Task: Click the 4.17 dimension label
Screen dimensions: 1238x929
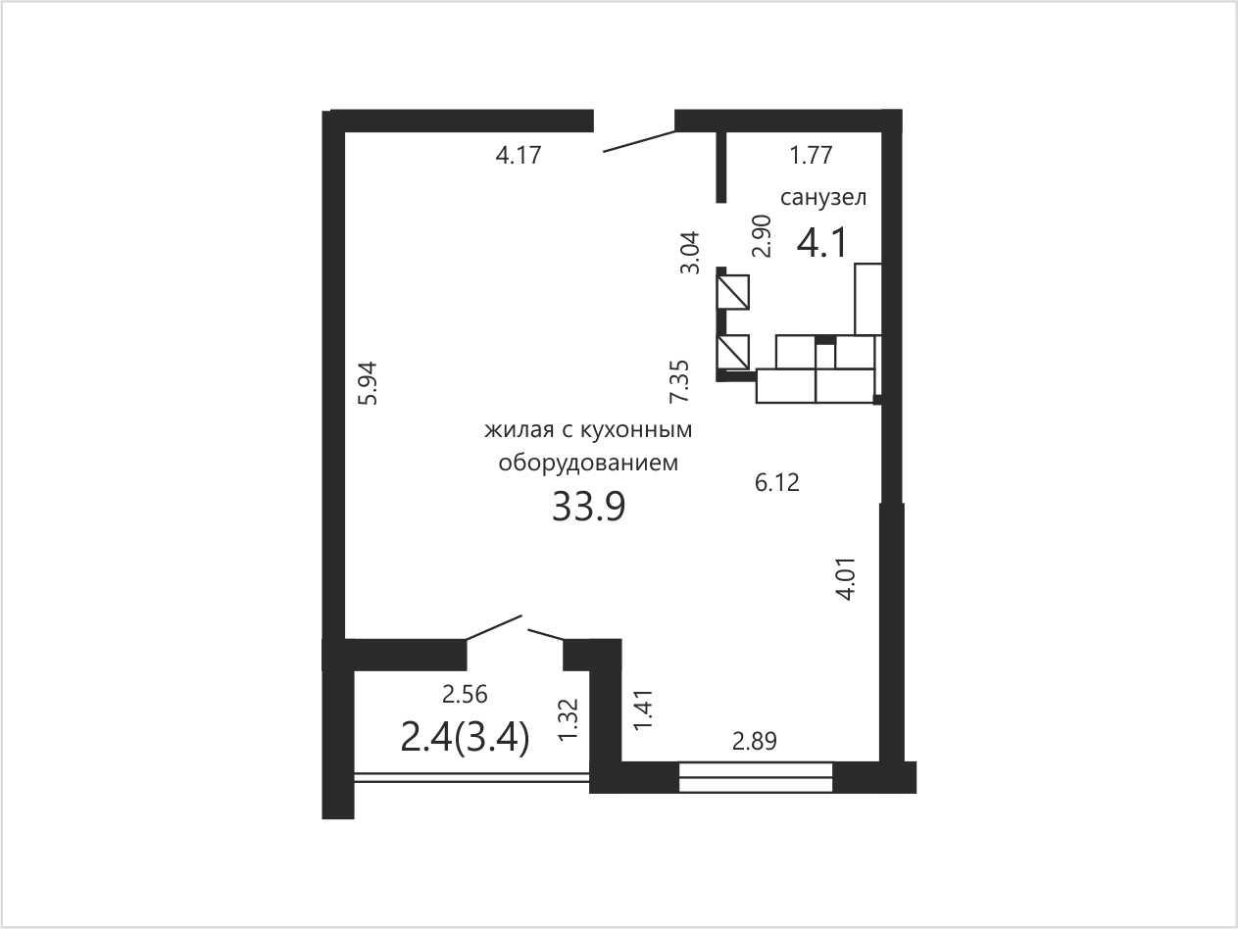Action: click(519, 155)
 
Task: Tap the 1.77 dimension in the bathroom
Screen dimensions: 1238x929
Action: click(811, 155)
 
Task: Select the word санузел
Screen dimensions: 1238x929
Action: click(823, 198)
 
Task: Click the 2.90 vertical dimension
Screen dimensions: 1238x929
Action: click(762, 235)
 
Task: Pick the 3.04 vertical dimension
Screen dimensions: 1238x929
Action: click(690, 252)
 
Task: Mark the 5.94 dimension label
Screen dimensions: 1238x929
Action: click(368, 383)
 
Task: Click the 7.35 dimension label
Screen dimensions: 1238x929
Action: click(679, 381)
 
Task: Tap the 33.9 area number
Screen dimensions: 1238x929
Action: click(589, 507)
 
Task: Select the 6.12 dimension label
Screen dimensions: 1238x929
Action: click(777, 482)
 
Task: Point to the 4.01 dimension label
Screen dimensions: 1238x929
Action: click(847, 579)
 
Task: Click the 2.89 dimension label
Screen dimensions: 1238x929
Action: click(755, 741)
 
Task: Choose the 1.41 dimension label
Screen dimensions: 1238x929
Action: click(643, 709)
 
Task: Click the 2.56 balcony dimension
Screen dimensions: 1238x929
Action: click(465, 695)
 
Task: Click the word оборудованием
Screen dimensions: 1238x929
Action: click(588, 464)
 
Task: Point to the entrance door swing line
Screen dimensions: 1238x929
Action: click(639, 141)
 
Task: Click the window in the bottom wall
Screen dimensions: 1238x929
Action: click(756, 777)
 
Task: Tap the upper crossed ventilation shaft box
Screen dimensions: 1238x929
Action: click(733, 292)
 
